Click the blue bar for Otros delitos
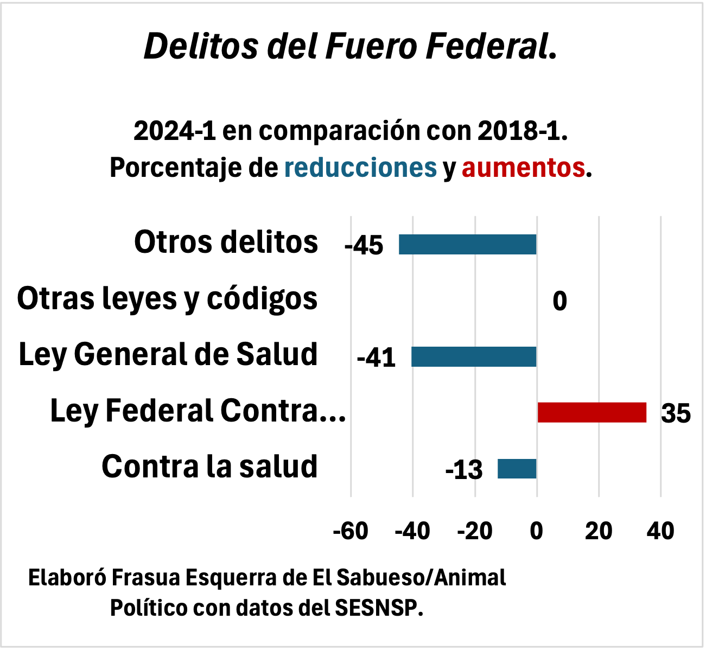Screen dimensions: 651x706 (467, 244)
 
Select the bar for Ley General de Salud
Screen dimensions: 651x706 (474, 356)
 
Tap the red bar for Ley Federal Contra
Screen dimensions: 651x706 (591, 412)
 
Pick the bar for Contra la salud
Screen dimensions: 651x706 (517, 468)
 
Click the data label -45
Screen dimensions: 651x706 (364, 246)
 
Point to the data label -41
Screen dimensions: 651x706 (376, 358)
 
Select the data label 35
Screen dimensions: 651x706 (676, 414)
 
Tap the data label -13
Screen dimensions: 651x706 (463, 470)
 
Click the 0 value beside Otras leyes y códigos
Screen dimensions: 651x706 (559, 301)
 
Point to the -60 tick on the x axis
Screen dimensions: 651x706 (351, 531)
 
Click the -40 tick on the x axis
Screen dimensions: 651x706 (412, 531)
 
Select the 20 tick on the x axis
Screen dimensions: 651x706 (599, 531)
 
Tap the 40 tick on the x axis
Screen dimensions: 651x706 (660, 531)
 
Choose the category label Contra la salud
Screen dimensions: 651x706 (209, 467)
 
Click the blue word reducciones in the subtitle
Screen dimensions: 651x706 (360, 168)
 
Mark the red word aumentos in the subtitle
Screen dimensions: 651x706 (523, 168)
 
